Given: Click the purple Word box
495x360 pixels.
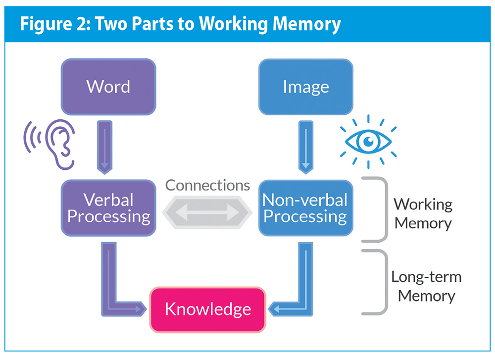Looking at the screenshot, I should point(108,87).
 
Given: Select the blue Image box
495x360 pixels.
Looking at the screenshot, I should point(305,87).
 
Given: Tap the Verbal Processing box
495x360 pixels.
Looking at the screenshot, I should point(108,208).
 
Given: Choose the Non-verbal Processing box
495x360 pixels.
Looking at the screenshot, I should point(305,208).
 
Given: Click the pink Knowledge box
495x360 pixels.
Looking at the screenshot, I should point(207,309).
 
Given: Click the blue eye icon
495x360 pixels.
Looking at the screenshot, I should point(368,142).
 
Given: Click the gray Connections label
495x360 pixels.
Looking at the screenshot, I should point(207,185).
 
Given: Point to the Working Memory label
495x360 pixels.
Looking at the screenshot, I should point(423,213).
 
